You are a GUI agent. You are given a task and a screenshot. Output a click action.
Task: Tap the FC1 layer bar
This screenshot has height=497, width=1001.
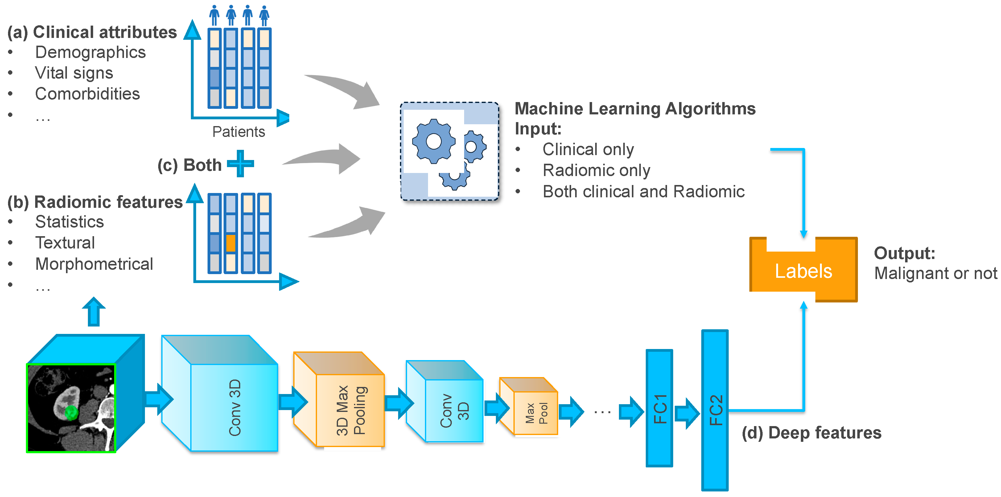(x=659, y=408)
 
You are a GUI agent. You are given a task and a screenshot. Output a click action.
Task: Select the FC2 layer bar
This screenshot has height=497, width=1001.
(x=714, y=410)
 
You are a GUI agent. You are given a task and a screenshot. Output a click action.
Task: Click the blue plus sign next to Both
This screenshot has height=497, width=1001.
(x=241, y=164)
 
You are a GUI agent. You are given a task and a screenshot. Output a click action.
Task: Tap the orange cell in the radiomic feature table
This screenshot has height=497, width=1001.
(x=230, y=243)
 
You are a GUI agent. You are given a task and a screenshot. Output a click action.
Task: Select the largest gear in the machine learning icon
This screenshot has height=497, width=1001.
(x=433, y=141)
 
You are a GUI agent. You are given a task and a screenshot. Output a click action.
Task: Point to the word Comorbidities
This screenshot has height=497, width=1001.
(x=88, y=94)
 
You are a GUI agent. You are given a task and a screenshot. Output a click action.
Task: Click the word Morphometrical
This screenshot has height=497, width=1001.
(x=94, y=264)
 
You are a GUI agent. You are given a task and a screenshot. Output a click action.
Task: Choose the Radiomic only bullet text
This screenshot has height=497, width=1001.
(x=596, y=170)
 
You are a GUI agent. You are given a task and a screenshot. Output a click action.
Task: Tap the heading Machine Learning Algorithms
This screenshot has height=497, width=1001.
(x=635, y=109)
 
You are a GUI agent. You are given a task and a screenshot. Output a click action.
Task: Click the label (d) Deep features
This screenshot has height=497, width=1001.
(x=811, y=433)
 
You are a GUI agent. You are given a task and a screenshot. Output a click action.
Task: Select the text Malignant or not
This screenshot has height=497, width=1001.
(x=935, y=273)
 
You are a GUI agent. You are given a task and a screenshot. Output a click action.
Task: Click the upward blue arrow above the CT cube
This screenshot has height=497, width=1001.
(x=94, y=312)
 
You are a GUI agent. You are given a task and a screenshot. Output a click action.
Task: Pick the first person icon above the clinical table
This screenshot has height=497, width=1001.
(x=214, y=15)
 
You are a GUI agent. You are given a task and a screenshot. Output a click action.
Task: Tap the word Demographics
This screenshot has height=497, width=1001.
(x=90, y=52)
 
